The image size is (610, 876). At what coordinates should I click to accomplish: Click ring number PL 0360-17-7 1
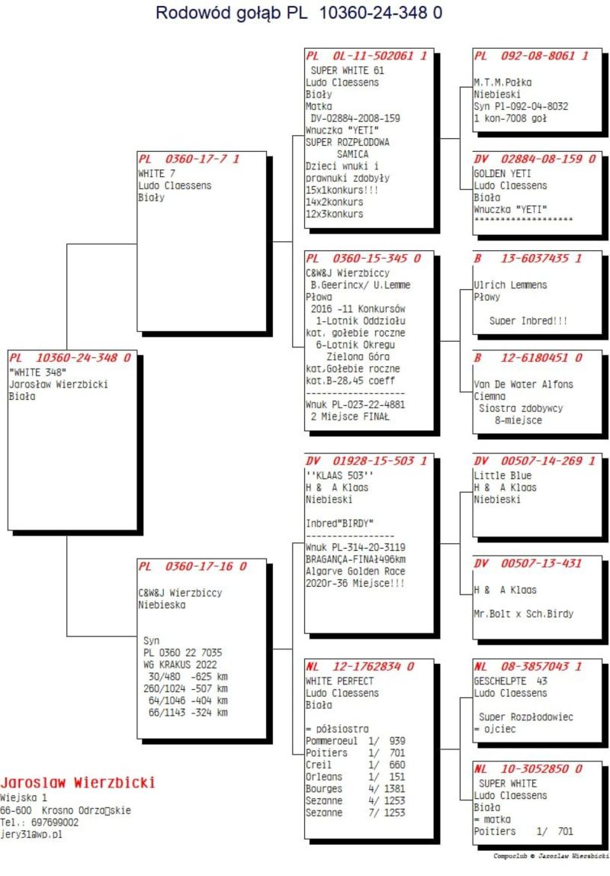(188, 159)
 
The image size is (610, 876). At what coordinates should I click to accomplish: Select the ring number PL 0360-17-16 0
(192, 566)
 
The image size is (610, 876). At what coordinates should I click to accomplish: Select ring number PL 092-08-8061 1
(531, 56)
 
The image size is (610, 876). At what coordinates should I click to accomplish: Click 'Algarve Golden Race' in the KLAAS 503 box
(355, 571)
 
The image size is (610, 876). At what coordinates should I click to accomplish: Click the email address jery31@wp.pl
(31, 835)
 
